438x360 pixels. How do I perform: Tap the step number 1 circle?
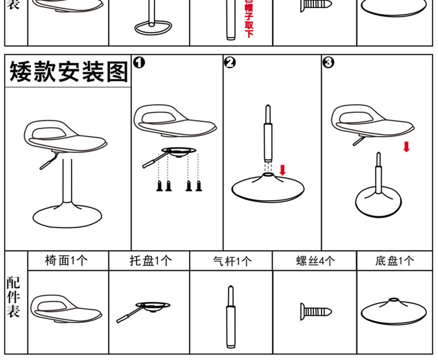point(139,62)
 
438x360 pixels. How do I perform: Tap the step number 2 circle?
point(230,62)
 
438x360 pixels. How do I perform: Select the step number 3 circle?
point(328,62)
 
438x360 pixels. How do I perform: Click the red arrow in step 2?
point(283,169)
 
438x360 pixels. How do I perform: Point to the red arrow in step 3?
point(406,146)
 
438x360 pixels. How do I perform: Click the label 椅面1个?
point(66,260)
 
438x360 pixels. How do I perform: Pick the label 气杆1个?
point(232,261)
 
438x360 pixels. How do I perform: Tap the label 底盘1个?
point(394,261)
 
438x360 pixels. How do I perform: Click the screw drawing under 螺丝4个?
point(315,310)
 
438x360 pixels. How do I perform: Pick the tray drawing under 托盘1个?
point(146,308)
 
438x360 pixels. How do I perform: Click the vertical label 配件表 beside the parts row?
point(13,297)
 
